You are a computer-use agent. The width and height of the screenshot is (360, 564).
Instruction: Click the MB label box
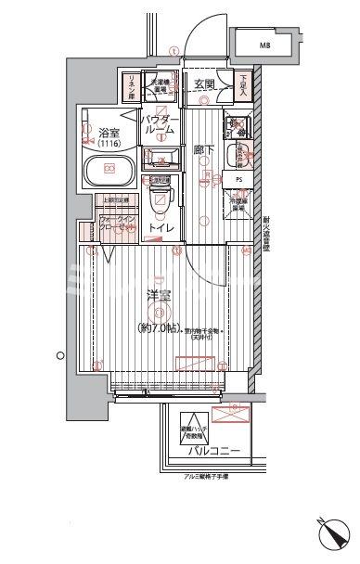coord(265,44)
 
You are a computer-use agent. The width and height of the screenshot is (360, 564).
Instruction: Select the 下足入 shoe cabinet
coord(242,87)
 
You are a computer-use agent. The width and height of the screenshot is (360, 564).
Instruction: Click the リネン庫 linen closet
coord(131,86)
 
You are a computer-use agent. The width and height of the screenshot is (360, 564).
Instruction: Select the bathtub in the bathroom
coord(111,171)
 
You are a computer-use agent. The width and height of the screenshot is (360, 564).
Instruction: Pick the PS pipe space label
coord(238,180)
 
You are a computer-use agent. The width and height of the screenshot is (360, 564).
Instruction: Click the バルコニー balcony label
coord(216,452)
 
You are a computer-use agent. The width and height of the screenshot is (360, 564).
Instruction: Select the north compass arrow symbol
coord(331,537)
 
